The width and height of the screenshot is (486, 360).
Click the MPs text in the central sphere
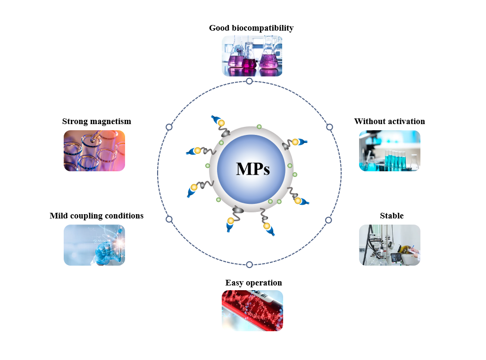[253, 169]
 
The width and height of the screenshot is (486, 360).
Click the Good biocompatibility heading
[251, 28]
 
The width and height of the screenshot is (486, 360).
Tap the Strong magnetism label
[97, 121]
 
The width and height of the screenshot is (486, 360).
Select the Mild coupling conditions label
[97, 216]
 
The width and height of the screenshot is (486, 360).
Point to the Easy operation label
[253, 283]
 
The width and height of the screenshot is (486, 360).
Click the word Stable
[392, 216]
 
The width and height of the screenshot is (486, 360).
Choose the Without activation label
[389, 121]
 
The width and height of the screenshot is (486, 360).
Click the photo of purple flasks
[252, 56]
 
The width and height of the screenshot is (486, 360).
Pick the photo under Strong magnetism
[94, 151]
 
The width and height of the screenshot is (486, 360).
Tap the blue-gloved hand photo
[94, 245]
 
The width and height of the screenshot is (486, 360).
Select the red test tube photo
[252, 310]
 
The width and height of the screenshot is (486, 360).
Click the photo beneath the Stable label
[389, 245]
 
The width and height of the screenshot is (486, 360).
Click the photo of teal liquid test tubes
[389, 151]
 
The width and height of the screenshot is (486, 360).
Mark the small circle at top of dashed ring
[250, 81]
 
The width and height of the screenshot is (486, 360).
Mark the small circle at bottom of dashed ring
[250, 265]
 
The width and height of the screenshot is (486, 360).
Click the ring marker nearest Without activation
[329, 127]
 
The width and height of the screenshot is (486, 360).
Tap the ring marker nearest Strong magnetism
[169, 127]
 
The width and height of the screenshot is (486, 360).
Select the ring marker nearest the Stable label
[328, 220]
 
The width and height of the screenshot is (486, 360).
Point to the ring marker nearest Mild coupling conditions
[169, 219]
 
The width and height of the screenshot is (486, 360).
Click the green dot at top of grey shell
[259, 127]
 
